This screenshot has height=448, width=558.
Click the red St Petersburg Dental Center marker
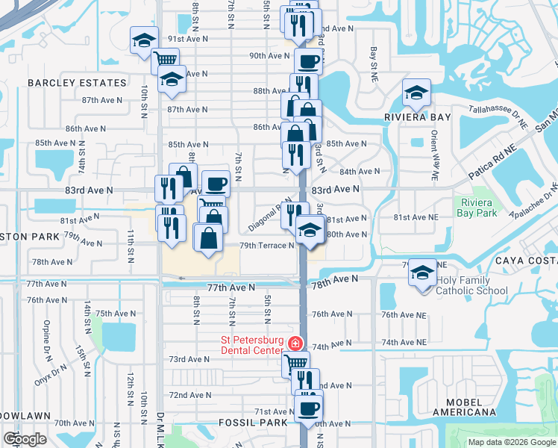tap(295, 343)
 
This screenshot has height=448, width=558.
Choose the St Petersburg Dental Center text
tap(252, 344)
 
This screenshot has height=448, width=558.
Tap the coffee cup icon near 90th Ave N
tap(308, 61)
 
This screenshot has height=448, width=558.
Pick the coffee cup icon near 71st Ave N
tap(308, 409)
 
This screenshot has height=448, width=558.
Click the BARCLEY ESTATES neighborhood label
tap(78, 83)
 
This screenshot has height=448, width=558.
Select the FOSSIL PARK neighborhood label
tap(253, 423)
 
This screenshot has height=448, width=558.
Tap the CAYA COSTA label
tap(526, 261)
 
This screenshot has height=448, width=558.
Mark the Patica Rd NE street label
tap(492, 162)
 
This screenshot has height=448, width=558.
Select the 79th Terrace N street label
tap(266, 246)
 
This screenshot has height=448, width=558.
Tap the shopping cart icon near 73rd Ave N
tap(295, 364)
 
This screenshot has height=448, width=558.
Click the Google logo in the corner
tap(25, 439)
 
